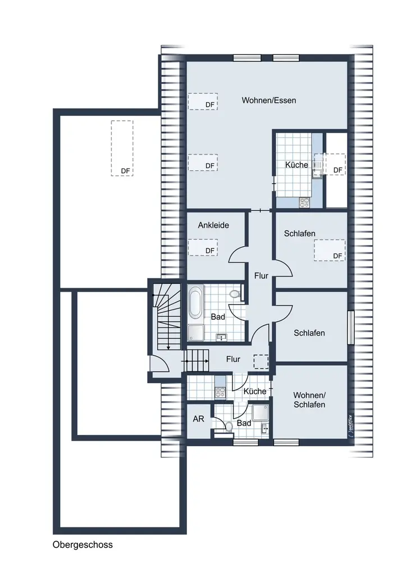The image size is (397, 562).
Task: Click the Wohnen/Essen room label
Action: [x=269, y=101]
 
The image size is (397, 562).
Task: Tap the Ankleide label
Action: [x=213, y=225]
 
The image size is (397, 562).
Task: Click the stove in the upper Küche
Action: [x=304, y=202]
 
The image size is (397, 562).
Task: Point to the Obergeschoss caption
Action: [x=83, y=545]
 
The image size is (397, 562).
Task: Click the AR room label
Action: [x=198, y=419]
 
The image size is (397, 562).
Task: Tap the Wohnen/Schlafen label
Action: [x=309, y=400]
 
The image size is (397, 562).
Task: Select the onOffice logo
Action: [x=350, y=426]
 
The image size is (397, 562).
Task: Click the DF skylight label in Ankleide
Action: [x=210, y=251]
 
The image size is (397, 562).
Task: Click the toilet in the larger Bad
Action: [x=235, y=294]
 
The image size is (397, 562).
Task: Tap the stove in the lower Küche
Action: [x=220, y=392]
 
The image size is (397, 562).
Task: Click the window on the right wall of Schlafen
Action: [x=350, y=328]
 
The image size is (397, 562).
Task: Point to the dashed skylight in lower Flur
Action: [x=261, y=361]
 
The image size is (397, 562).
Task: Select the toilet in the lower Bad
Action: [x=227, y=426]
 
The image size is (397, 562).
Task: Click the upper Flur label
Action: [x=261, y=275]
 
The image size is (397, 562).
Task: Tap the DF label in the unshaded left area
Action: [x=125, y=171]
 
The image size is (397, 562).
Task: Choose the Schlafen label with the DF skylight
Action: [x=300, y=234]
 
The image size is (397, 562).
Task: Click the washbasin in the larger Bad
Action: [x=221, y=337]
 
